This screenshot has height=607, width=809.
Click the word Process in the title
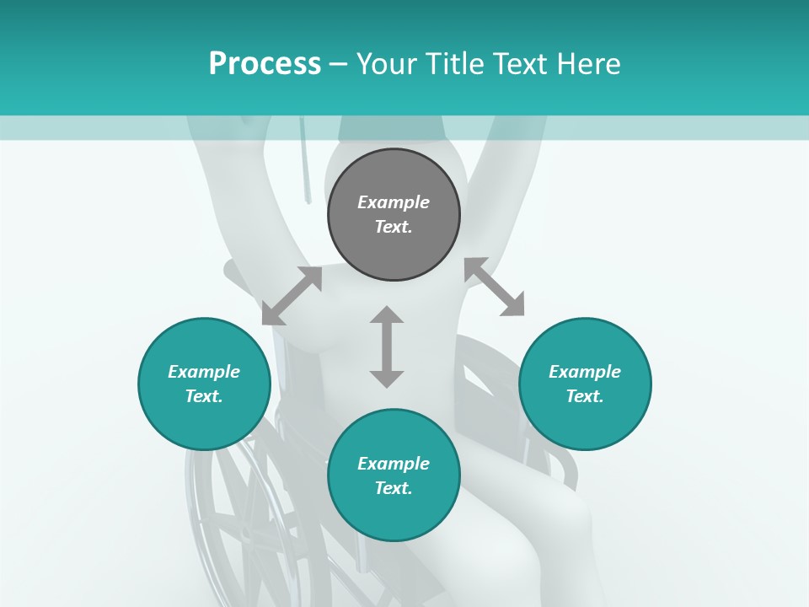pyautogui.click(x=265, y=64)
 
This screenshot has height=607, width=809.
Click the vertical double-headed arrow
pyautogui.click(x=387, y=346)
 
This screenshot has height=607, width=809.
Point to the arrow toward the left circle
pyautogui.click(x=292, y=296)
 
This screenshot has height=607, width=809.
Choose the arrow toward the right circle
pyautogui.click(x=495, y=287)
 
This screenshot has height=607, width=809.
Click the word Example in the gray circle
pyautogui.click(x=394, y=202)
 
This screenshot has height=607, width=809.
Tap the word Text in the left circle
pyautogui.click(x=203, y=396)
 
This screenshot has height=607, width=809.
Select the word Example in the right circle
pyautogui.click(x=585, y=372)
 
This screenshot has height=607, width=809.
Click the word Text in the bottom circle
pyautogui.click(x=393, y=488)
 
